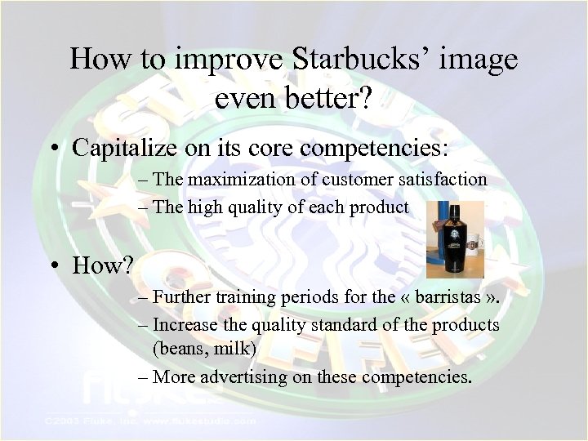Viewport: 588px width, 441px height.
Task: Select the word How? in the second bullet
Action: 102,265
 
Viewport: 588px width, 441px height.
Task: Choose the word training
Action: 248,296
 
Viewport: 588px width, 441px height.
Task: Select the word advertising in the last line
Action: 248,377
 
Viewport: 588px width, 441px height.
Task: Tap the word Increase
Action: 185,324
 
